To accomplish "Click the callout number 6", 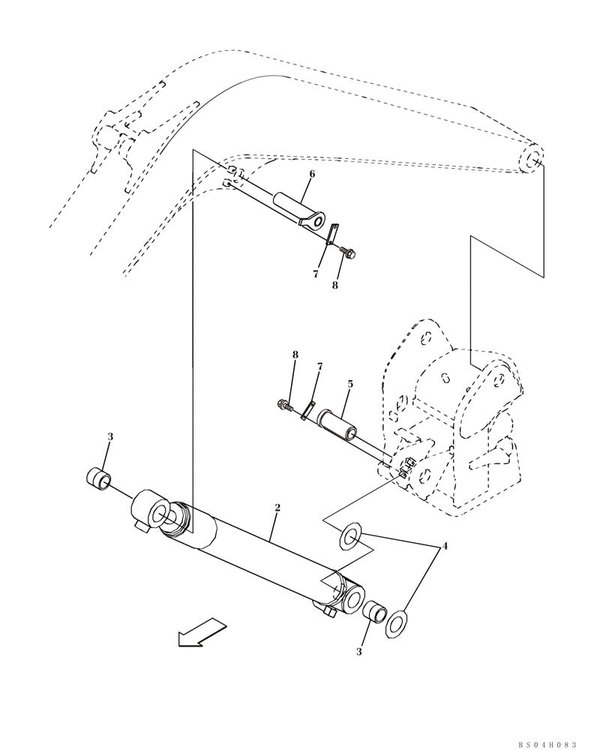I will point(312,174).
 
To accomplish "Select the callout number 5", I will point(349,384).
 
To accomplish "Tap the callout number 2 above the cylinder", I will point(277,508).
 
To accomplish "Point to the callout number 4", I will point(445,546).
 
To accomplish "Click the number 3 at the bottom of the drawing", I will point(358,652).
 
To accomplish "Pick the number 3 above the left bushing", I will point(110,436).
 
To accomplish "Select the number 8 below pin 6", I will point(335,285).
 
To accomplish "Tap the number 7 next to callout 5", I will point(319,367).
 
